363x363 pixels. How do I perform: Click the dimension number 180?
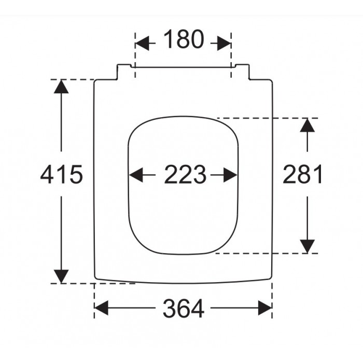click(x=184, y=39)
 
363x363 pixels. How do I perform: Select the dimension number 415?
click(x=61, y=174)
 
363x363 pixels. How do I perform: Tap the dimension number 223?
click(x=185, y=174)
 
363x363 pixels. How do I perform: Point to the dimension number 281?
click(x=302, y=174)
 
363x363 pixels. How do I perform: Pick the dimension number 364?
click(x=184, y=309)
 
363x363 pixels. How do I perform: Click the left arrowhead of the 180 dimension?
click(x=142, y=43)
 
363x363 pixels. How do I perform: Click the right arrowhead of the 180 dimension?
click(x=224, y=43)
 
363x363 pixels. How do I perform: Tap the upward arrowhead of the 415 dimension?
click(x=61, y=87)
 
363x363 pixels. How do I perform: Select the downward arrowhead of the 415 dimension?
click(x=61, y=276)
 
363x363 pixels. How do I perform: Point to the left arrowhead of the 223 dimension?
click(x=136, y=175)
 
